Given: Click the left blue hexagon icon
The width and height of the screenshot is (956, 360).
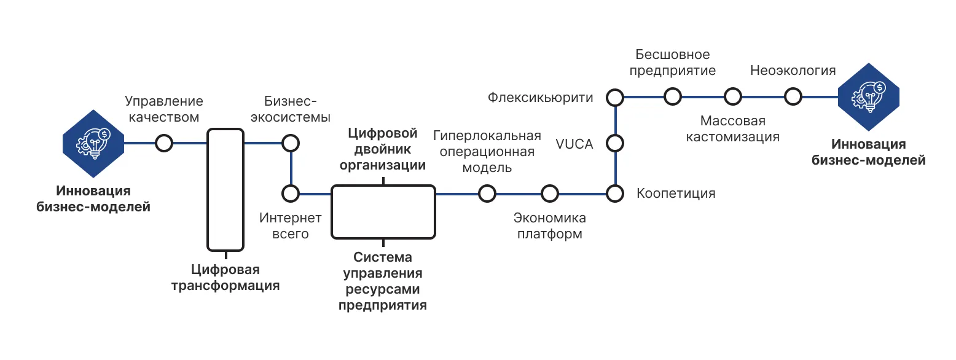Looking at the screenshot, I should (93, 143).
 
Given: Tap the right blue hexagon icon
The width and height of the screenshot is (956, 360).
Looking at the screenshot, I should (869, 96).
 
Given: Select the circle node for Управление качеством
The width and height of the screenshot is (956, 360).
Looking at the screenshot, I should (163, 143).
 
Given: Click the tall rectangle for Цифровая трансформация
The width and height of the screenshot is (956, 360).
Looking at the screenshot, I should (225, 189).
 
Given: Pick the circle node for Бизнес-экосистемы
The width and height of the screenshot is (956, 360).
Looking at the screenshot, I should (290, 143).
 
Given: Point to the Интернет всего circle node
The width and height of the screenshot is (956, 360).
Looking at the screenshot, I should (290, 194).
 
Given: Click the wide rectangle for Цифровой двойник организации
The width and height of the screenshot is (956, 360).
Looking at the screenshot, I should (383, 212).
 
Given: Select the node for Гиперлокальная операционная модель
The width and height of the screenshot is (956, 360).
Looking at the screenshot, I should (487, 194).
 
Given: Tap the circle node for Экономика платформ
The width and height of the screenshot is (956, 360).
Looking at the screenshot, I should (550, 194).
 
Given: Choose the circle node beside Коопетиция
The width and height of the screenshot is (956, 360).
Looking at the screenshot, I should (615, 194).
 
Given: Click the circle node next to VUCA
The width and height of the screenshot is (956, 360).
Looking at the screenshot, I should (615, 144).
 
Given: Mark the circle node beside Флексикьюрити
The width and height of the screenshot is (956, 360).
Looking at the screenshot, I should (615, 96).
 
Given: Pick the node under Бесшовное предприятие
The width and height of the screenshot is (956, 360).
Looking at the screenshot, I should (673, 96).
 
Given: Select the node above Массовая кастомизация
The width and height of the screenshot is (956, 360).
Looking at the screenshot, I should (732, 96).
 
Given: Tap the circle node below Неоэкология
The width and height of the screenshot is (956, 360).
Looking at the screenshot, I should (793, 96).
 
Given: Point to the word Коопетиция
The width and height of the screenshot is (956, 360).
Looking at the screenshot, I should (676, 194).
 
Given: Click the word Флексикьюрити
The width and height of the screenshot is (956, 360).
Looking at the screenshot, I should (541, 97).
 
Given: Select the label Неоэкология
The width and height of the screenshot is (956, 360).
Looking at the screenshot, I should (793, 71).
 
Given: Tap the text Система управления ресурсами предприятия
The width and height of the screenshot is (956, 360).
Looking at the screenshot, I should (383, 281).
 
